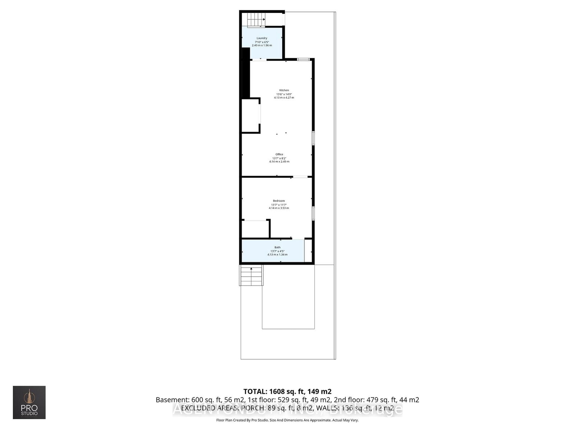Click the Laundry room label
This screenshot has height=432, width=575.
pos(262,38)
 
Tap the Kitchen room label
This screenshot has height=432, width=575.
pos(284,90)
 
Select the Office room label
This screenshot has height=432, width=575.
pos(279,154)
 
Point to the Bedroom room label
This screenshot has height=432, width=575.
pos(279,201)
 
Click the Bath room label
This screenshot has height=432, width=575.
pos(277,247)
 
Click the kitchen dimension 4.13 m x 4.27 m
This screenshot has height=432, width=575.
pos(284,98)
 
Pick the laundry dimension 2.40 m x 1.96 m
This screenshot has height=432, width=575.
pos(262,45)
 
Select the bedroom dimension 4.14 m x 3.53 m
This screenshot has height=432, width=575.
pos(279,208)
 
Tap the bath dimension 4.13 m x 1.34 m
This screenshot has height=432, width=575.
pos(277,255)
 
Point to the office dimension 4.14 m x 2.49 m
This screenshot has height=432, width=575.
pos(279,162)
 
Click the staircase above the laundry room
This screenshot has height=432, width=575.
pos(256,19)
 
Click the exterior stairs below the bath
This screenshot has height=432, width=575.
pos(251,276)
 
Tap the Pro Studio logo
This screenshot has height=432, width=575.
pos(29,402)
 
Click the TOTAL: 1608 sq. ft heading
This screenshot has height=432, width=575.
pos(287,391)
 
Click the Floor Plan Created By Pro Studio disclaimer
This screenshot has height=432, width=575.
pos(287,420)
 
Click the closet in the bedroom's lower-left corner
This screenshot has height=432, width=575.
pos(255,229)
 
